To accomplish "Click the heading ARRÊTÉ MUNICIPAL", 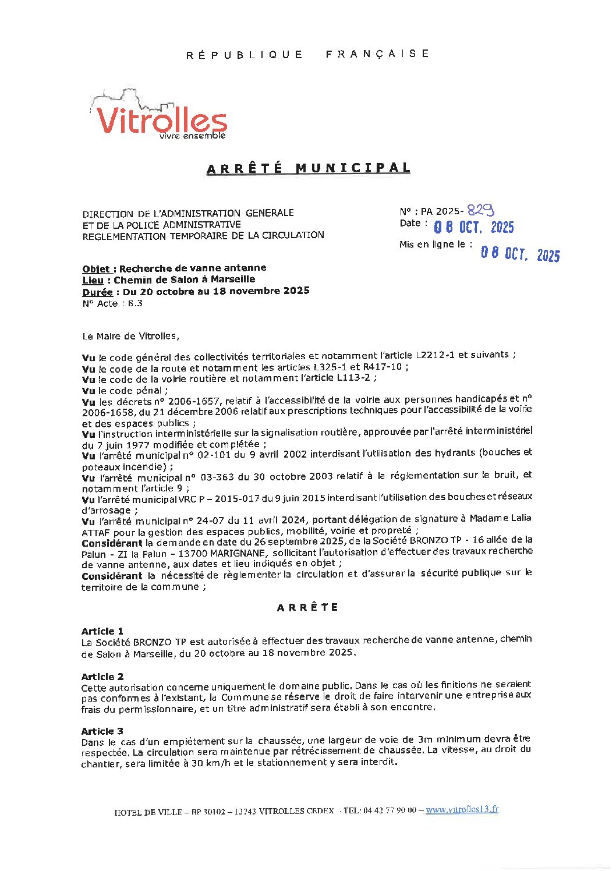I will point(309,168).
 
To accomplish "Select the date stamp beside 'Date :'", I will point(474,227).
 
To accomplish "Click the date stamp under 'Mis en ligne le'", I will point(520,254).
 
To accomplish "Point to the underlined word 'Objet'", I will point(96,269).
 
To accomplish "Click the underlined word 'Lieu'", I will point(93,280).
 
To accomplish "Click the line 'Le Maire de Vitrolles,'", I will point(131,336).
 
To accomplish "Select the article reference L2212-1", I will point(436,355).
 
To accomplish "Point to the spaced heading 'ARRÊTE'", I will point(307,607).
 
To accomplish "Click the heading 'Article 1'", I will point(102,631).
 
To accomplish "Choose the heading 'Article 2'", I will point(102,677).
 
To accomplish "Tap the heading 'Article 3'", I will point(102,731).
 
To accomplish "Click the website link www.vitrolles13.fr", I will point(462,809).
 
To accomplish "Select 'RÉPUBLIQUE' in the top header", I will point(245,55).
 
